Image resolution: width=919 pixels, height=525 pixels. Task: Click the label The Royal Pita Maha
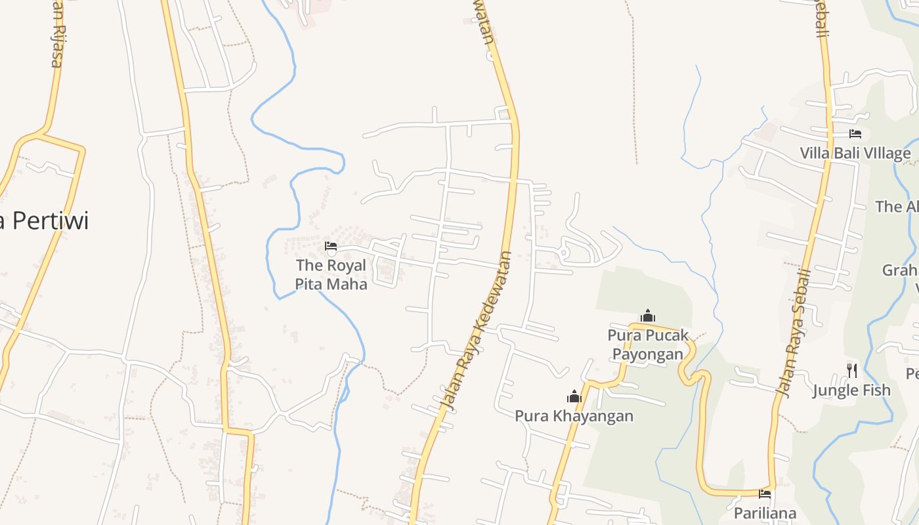click(331, 274)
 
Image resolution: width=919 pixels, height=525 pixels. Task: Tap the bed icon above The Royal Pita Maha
click(331, 247)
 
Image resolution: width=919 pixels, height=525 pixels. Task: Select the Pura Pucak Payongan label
click(648, 345)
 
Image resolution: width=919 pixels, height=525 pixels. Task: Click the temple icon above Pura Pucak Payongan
click(648, 316)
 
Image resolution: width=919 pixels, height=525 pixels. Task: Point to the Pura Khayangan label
click(574, 416)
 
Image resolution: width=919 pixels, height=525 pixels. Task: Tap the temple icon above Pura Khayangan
click(574, 396)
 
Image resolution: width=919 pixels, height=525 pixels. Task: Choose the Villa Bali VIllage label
click(855, 154)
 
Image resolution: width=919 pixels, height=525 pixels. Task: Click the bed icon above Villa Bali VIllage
click(855, 134)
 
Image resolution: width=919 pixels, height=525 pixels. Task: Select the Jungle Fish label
click(851, 390)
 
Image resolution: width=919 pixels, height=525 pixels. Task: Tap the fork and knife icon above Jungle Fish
click(851, 371)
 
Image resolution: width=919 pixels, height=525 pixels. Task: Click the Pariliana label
click(765, 513)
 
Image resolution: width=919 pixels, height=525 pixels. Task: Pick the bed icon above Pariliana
click(765, 493)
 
